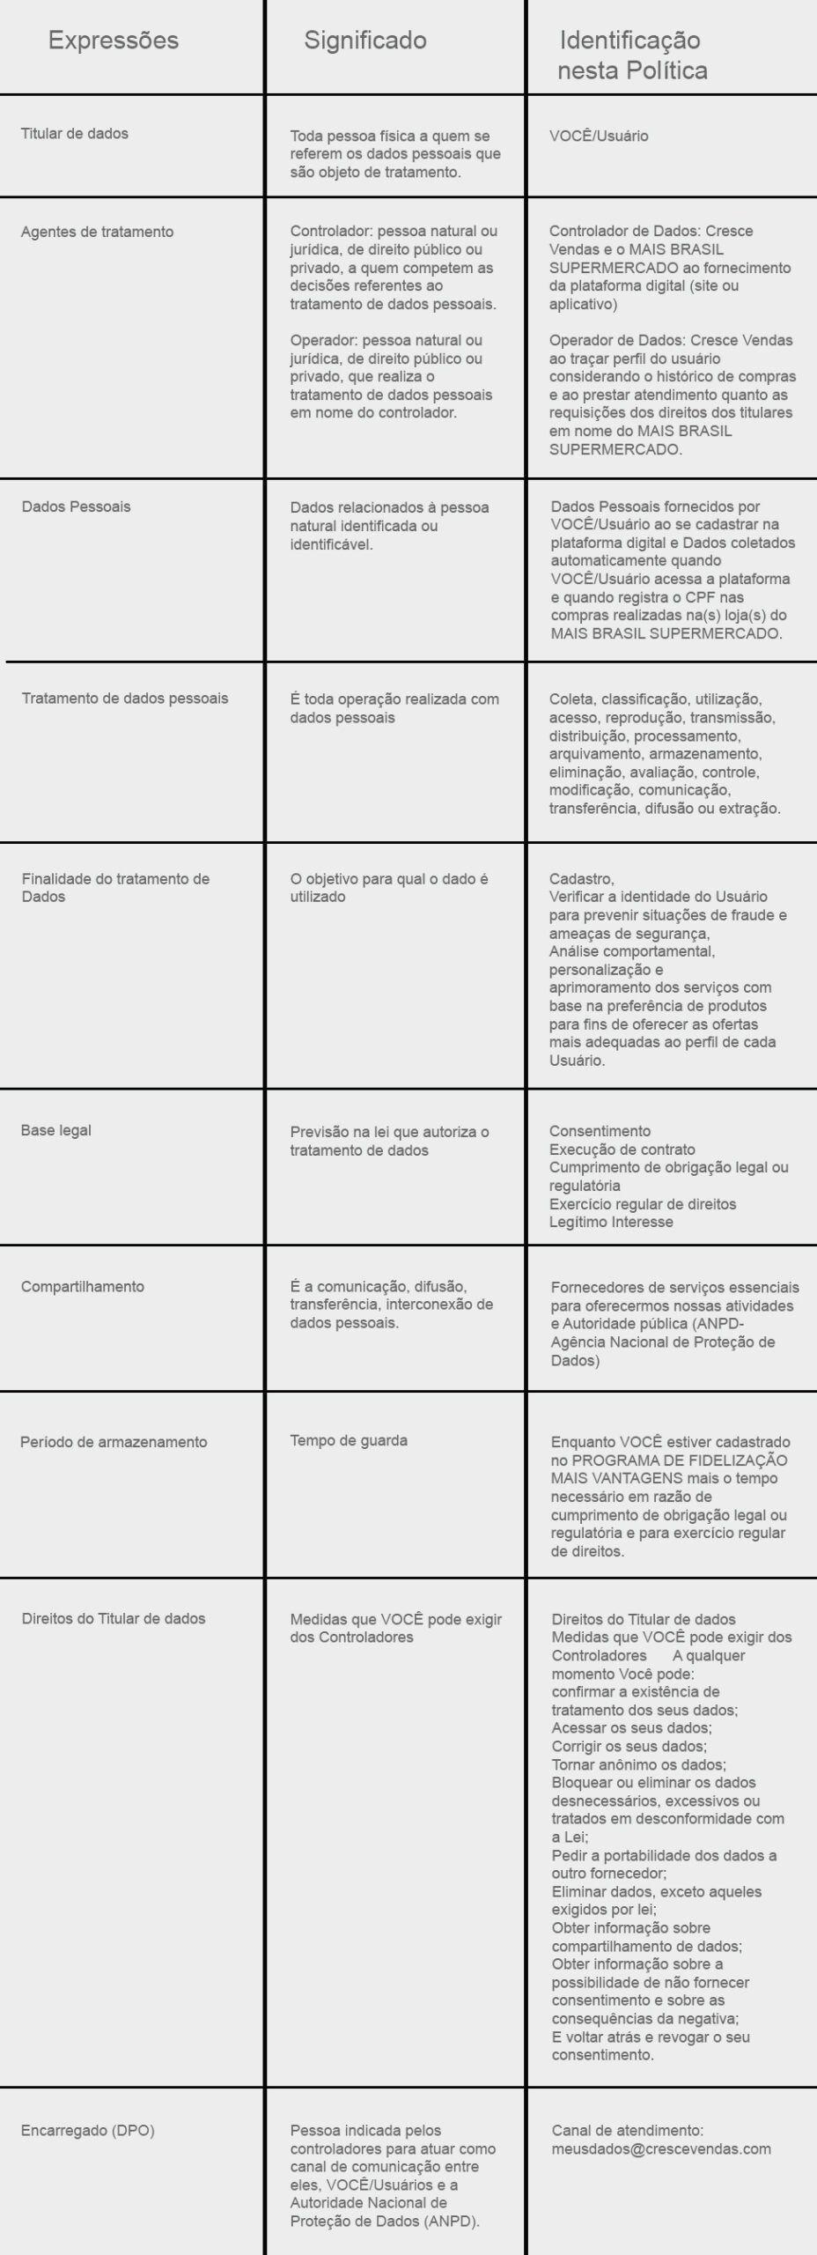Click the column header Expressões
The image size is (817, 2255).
113,41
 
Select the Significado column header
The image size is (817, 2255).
365,41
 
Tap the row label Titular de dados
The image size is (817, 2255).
74,134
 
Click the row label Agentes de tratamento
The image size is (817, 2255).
97,232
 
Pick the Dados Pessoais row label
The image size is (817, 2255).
76,506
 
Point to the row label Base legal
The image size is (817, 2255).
55,1130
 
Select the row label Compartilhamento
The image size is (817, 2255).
82,1286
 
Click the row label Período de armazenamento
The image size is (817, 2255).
114,1442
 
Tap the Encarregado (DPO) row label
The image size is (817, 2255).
87,2131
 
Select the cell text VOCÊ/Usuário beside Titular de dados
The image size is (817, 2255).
599,137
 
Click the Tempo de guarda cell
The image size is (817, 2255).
349,1441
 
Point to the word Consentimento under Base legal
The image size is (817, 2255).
600,1131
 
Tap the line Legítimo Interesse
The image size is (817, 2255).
611,1222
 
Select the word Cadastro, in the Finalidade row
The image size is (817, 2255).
581,879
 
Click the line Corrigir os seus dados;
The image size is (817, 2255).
629,1746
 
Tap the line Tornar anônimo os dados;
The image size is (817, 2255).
638,1764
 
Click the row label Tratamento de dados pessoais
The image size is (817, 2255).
124,699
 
